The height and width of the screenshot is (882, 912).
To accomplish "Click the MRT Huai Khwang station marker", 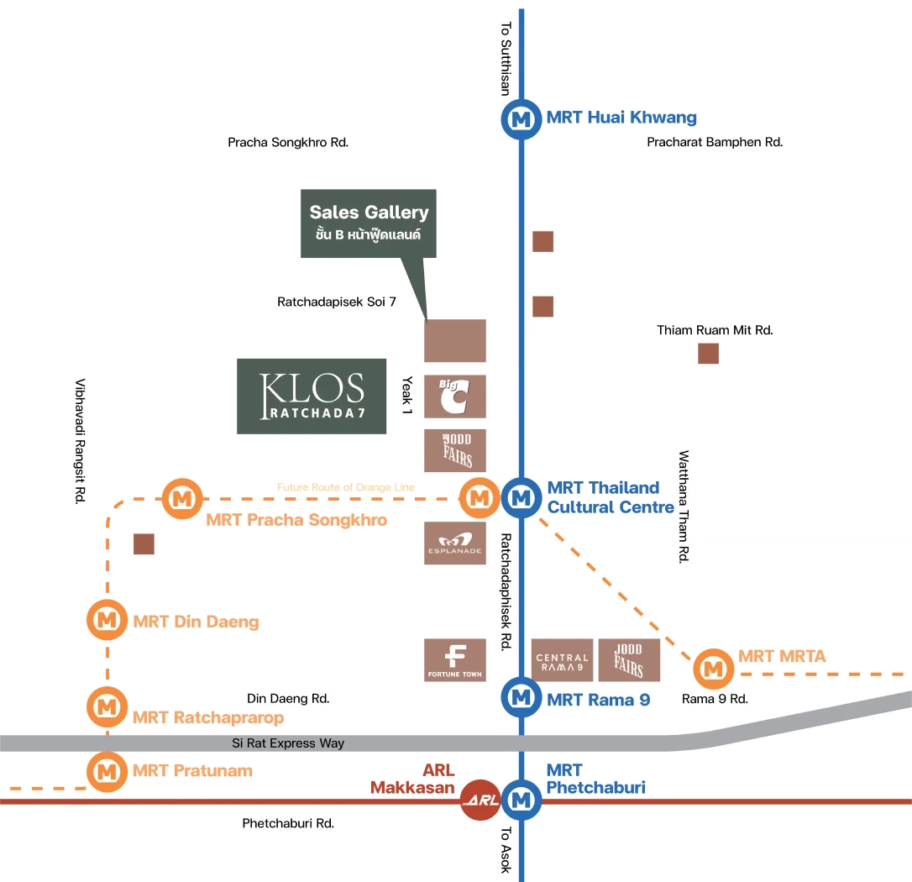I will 522,119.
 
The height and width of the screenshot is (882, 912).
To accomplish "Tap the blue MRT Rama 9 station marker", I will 522,696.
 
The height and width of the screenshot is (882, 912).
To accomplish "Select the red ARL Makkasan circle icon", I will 480,800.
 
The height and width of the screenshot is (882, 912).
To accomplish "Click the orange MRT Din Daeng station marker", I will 107,621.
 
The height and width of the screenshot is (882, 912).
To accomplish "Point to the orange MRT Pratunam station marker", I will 107,769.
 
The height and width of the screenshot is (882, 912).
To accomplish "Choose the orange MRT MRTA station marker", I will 714,669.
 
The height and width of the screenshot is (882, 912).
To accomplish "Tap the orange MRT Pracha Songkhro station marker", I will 181,499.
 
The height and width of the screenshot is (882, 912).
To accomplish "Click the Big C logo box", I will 455,396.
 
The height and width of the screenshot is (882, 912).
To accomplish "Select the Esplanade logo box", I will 455,543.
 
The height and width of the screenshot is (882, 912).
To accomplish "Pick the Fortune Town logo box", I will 455,659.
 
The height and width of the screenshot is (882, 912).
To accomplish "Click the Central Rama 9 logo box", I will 562,659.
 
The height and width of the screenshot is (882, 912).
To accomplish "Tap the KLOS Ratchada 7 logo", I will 312,396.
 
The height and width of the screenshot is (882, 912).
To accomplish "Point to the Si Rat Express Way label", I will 288,743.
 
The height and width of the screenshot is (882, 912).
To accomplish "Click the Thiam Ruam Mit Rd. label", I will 715,330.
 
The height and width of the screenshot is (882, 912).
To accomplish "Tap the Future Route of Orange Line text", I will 346,487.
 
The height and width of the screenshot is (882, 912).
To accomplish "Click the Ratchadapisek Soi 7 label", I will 336,302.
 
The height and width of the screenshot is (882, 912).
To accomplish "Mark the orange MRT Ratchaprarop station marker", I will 107,706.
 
